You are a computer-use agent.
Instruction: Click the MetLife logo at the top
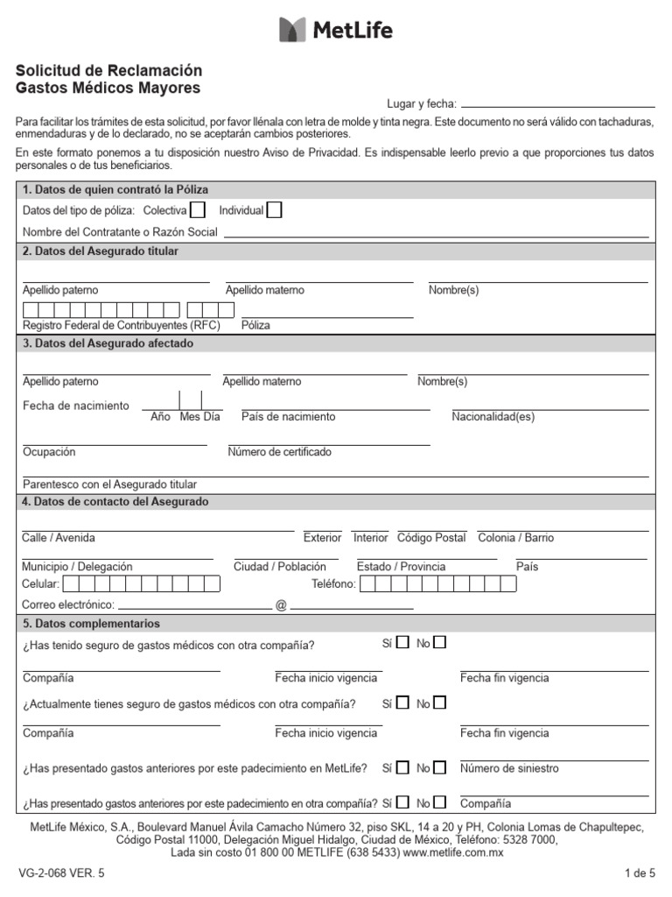click(x=336, y=30)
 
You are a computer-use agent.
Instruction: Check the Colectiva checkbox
click(x=198, y=210)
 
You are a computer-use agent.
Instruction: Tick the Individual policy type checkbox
click(x=274, y=210)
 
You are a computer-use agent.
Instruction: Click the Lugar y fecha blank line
click(x=557, y=104)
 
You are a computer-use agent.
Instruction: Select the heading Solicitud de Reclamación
click(x=109, y=70)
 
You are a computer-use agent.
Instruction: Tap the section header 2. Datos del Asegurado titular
click(x=101, y=251)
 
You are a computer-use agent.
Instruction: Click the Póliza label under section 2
click(x=255, y=325)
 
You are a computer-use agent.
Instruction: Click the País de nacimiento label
click(x=288, y=417)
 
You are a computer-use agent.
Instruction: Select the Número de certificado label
click(x=279, y=452)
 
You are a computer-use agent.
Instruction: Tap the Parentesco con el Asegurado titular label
click(x=109, y=484)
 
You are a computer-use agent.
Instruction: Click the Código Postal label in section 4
click(x=431, y=538)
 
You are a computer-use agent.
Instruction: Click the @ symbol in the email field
click(x=281, y=605)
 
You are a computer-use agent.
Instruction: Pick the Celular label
click(x=40, y=584)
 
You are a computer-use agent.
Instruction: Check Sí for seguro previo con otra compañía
click(x=402, y=643)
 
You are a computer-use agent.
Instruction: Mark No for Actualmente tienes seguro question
click(x=439, y=703)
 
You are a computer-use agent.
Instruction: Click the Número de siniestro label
click(x=509, y=768)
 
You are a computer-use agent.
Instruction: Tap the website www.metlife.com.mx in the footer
click(x=453, y=851)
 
